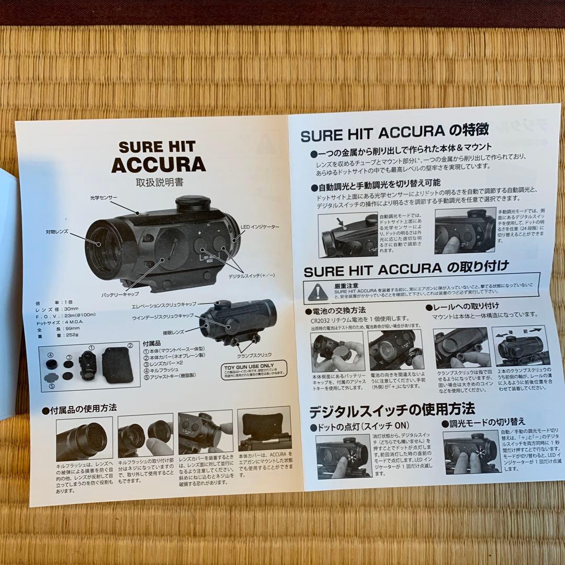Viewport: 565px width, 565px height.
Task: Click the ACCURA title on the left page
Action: point(158,164)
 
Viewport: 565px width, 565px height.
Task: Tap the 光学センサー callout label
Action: point(103,198)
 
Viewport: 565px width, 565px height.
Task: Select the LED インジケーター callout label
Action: point(260,227)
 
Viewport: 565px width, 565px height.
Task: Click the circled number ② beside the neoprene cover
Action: point(130,346)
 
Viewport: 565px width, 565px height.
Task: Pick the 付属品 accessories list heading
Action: point(152,343)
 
